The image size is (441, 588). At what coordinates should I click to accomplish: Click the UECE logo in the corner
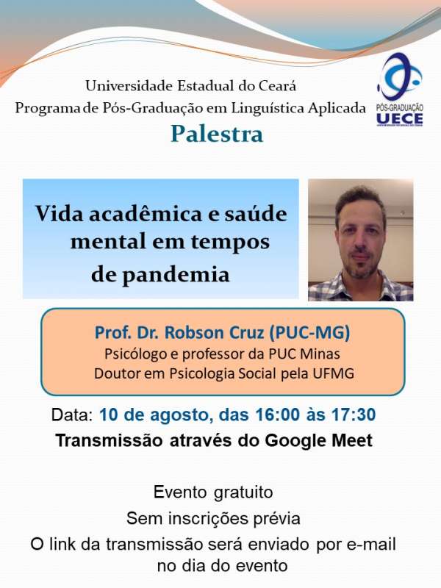click(400, 90)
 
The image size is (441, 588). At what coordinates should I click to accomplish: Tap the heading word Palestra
click(217, 134)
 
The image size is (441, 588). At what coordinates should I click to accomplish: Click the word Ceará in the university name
click(277, 86)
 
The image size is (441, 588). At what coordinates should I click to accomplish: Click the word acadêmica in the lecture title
click(146, 213)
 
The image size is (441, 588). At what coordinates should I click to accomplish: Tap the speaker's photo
click(361, 240)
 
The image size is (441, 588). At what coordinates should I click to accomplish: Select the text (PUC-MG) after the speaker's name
click(309, 333)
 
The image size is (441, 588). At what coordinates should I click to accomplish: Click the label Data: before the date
click(72, 415)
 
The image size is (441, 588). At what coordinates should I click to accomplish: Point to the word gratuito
click(243, 492)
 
